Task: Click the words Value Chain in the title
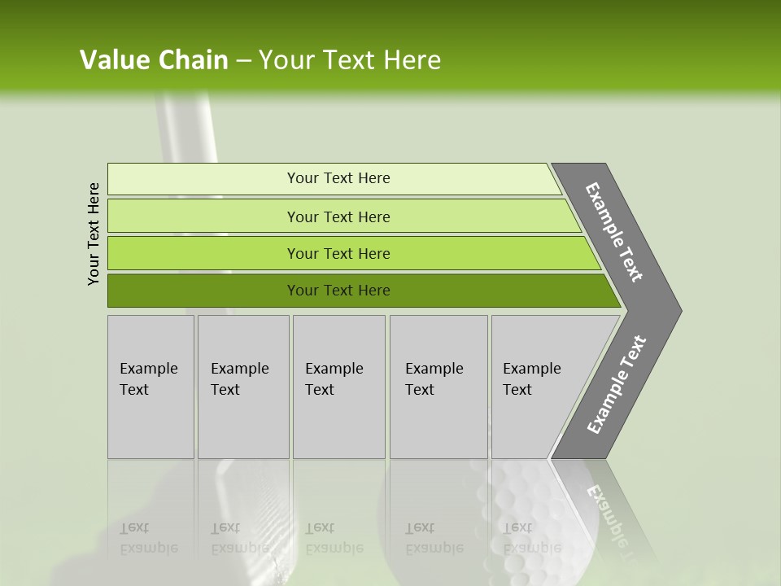(154, 60)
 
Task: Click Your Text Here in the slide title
(350, 60)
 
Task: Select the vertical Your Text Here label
(94, 234)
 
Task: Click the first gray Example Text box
(151, 387)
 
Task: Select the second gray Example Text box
(243, 387)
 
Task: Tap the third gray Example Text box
(338, 387)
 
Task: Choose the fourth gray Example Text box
(438, 387)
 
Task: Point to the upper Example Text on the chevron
(614, 232)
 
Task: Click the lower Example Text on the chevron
(617, 385)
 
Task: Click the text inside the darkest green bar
(338, 291)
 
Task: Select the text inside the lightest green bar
(338, 178)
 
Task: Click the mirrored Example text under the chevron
(610, 513)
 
